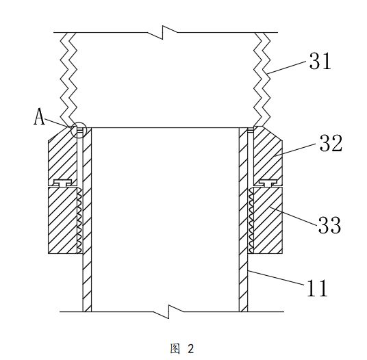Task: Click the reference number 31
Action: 320,61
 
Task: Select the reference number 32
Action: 331,143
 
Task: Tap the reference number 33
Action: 329,224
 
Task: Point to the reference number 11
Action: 318,288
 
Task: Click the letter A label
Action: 39,117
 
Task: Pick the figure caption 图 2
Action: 182,349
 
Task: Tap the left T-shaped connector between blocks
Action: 62,183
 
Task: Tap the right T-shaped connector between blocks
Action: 268,183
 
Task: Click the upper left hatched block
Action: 62,155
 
